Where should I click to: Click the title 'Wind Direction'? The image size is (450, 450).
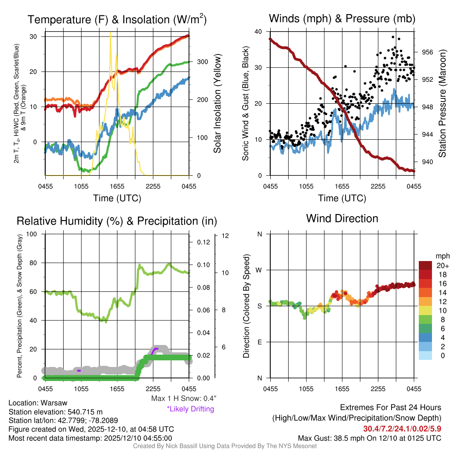pyautogui.click(x=342, y=218)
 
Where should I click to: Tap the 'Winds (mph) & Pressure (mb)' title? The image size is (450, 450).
pyautogui.click(x=342, y=18)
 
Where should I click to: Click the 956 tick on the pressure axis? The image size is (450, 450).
pyautogui.click(x=428, y=52)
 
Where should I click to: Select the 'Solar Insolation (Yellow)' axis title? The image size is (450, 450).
pyautogui.click(x=217, y=104)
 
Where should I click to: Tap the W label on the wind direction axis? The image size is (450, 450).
pyautogui.click(x=260, y=270)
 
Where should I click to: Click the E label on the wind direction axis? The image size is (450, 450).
pyautogui.click(x=260, y=342)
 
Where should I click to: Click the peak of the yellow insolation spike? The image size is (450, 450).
pyautogui.click(x=110, y=33)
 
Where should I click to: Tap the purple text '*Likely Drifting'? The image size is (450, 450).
pyautogui.click(x=190, y=409)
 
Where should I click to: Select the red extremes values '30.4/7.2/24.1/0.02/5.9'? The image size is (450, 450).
pyautogui.click(x=402, y=428)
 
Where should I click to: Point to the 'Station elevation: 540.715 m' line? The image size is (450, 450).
pyautogui.click(x=55, y=412)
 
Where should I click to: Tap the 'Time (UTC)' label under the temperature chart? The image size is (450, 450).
pyautogui.click(x=117, y=198)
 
